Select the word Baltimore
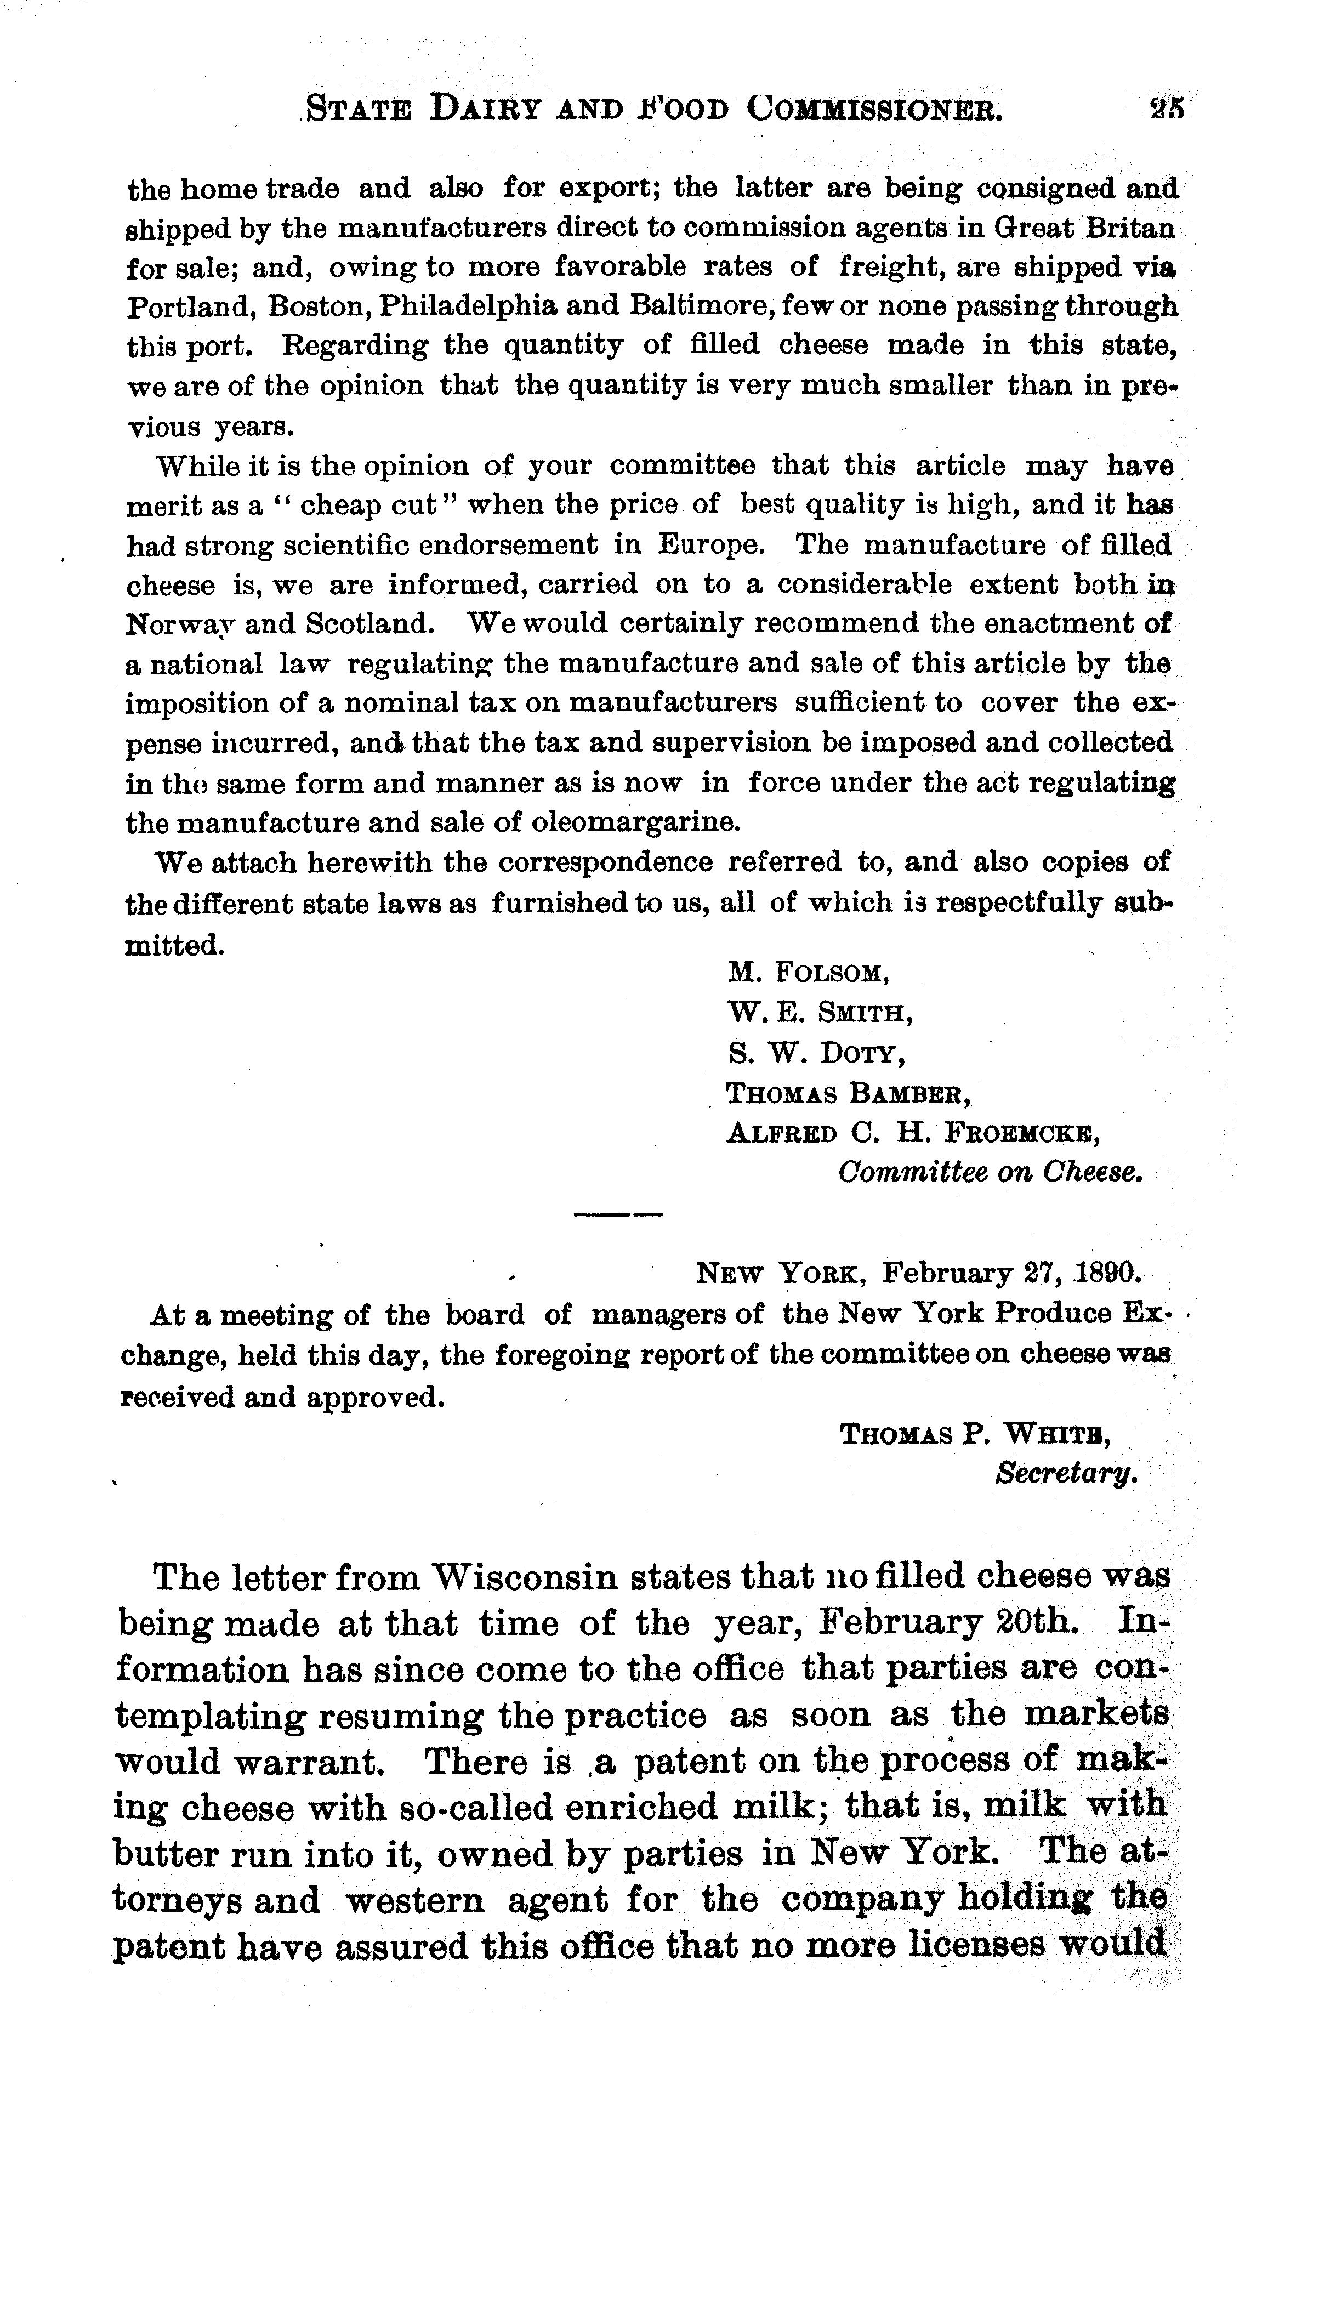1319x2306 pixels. pyautogui.click(x=691, y=306)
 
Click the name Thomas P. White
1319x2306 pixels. pyautogui.click(x=976, y=1435)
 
